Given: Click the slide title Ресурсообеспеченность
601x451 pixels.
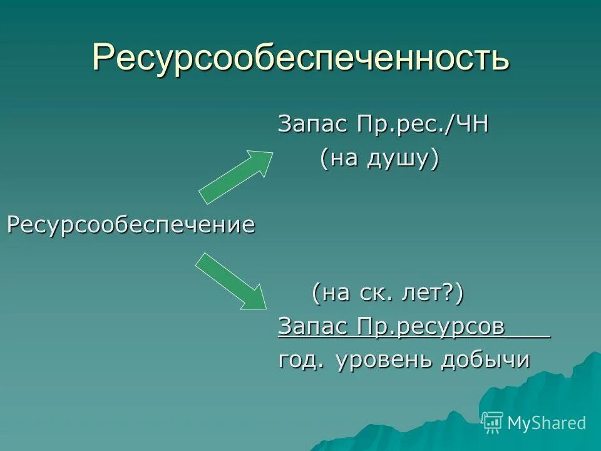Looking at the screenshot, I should point(300,58).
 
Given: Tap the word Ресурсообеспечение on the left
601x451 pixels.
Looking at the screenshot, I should point(131,225).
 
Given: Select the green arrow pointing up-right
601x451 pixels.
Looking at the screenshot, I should point(236,177).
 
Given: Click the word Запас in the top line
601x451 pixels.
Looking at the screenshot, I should point(312,125).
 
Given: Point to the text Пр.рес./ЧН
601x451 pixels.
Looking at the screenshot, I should point(423,125).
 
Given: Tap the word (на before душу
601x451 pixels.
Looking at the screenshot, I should point(341,159).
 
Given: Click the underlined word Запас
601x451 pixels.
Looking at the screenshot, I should point(312,326).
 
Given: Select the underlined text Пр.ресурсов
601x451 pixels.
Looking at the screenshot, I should point(431,326).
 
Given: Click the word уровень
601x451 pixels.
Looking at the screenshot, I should point(384,360).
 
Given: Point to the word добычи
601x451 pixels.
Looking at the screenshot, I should point(485,360).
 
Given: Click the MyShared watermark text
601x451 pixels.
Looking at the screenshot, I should point(547,423).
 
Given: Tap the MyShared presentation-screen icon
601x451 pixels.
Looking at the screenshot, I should point(493,422).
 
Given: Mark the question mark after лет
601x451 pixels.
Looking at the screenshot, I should point(449,293).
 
